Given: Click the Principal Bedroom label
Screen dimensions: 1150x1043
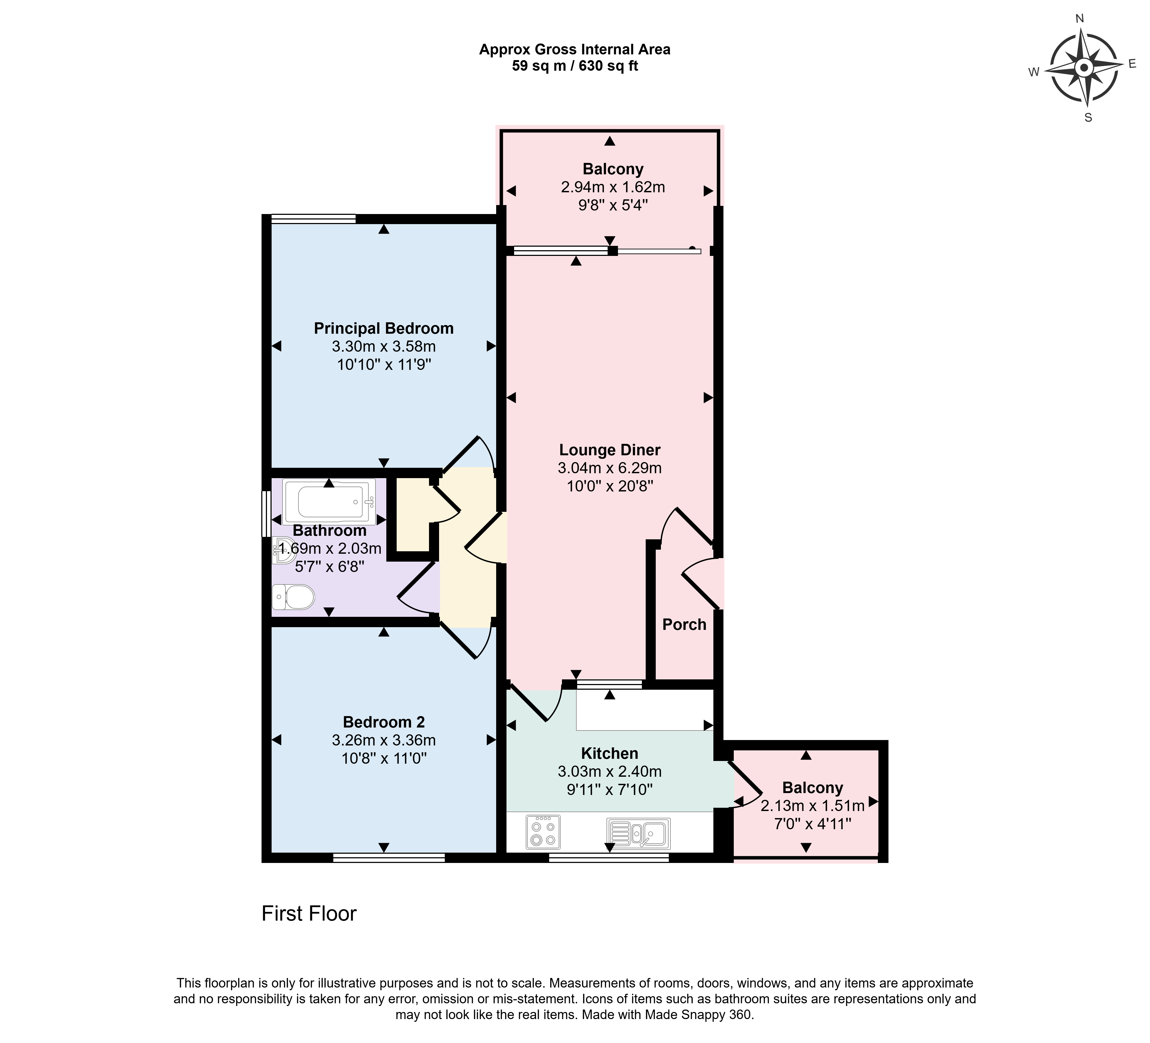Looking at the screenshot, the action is pos(384,329).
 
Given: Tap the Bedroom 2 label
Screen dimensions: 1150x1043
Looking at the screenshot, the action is pos(384,722).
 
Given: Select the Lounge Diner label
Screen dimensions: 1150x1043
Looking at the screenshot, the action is pos(610,450).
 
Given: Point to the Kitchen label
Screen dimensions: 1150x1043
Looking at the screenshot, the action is pos(610,754).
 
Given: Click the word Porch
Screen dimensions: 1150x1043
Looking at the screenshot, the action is pos(685,625).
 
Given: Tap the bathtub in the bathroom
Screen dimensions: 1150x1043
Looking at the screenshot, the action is pos(329,502).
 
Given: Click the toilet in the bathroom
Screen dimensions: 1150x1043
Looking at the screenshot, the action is pos(294,597).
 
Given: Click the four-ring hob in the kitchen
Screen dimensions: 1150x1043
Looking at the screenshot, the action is pos(543,832).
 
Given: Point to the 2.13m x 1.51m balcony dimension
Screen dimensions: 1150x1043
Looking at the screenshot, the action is pos(813,806).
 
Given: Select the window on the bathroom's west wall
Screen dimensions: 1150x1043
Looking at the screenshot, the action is pos(266,514).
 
